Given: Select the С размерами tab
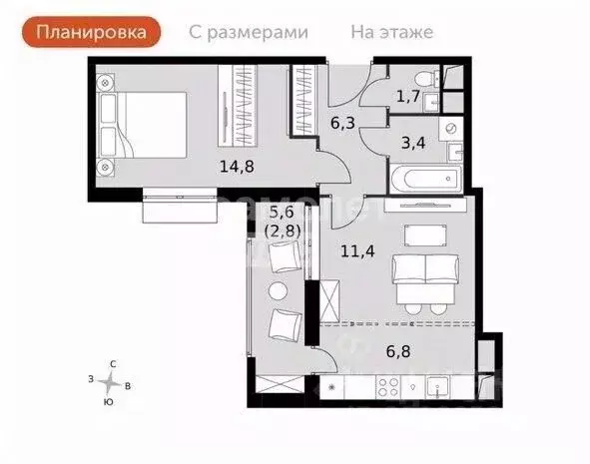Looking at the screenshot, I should [249, 31].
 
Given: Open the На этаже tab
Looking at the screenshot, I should [391, 31].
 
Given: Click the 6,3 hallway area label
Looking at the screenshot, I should [342, 124].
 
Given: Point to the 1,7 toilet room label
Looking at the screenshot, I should [407, 97].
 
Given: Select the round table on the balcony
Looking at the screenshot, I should [279, 290].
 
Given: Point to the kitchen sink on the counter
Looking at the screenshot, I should [438, 385].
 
